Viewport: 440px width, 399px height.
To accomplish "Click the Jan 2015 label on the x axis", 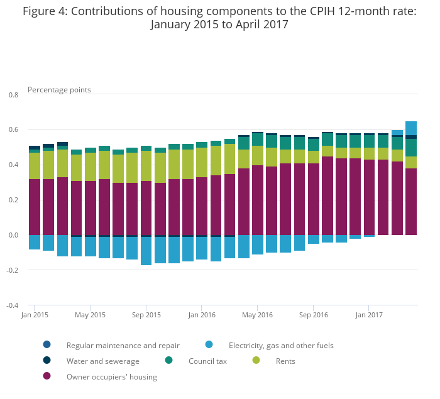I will click(x=35, y=315).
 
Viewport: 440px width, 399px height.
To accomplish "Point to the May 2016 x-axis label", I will click(x=257, y=315).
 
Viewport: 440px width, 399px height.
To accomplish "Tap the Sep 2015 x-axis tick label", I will click(x=146, y=315).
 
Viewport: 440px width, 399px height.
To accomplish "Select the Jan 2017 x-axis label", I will click(x=368, y=315).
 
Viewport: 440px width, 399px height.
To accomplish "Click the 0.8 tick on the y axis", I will click(x=13, y=95).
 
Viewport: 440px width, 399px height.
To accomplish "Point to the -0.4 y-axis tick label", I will click(x=13, y=306).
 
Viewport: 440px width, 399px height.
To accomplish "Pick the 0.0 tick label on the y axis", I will click(x=13, y=236).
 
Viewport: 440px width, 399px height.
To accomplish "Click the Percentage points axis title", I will click(x=59, y=90).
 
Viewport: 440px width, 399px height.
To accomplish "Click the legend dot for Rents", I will click(x=256, y=360).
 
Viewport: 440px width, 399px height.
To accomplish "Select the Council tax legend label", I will click(x=207, y=361).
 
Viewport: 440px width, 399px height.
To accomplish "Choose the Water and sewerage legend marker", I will click(x=47, y=360).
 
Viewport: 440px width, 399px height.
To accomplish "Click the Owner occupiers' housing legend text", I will click(x=112, y=377).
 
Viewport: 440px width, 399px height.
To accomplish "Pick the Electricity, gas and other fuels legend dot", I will click(x=209, y=344).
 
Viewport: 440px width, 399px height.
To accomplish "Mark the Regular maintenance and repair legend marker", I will click(x=47, y=344).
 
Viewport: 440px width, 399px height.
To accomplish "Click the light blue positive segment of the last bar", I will click(x=411, y=128).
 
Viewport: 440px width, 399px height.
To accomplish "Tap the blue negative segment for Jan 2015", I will click(x=35, y=242).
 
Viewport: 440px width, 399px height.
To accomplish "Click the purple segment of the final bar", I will click(x=411, y=202).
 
